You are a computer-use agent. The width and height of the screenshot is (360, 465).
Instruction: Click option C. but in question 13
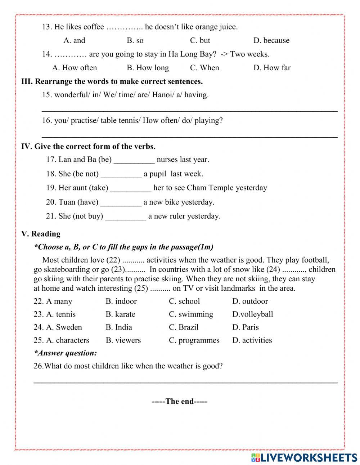pyautogui.click(x=200, y=40)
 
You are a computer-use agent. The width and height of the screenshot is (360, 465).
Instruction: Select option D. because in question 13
pyautogui.click(x=271, y=40)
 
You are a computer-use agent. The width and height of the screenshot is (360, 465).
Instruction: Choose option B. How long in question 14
pyautogui.click(x=148, y=68)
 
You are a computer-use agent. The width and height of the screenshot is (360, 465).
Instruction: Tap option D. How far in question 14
pyautogui.click(x=272, y=68)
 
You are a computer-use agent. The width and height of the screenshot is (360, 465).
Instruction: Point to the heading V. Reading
pyautogui.click(x=41, y=234)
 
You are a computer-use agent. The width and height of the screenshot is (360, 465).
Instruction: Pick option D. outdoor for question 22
pyautogui.click(x=250, y=301)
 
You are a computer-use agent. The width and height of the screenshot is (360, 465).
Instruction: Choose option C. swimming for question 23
pyautogui.click(x=191, y=314)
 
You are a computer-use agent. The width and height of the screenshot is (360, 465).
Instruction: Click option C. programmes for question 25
pyautogui.click(x=194, y=340)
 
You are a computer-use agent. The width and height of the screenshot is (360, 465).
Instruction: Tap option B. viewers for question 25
pyautogui.click(x=123, y=340)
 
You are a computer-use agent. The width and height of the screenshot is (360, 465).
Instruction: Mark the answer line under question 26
pyautogui.click(x=185, y=382)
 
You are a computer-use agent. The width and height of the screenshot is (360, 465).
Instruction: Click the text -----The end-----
pyautogui.click(x=179, y=401)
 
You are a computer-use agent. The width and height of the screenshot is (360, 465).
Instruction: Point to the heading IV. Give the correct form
pyautogui.click(x=88, y=146)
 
